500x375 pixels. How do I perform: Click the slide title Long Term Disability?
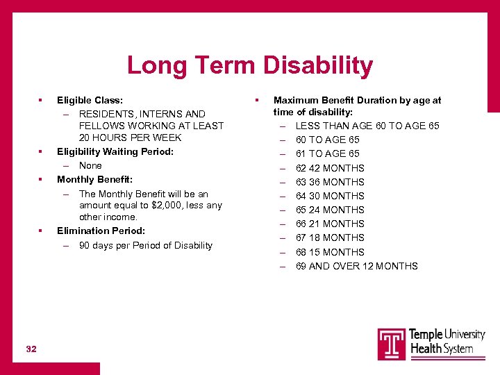pyautogui.click(x=249, y=66)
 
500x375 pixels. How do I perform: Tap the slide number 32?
pyautogui.click(x=31, y=349)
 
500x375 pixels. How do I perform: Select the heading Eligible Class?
pyautogui.click(x=90, y=100)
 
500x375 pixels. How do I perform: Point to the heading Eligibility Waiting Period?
pyautogui.click(x=115, y=151)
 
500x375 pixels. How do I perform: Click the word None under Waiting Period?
pyautogui.click(x=90, y=165)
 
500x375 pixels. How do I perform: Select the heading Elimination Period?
pyautogui.click(x=101, y=231)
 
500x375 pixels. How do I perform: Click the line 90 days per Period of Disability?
pyautogui.click(x=145, y=245)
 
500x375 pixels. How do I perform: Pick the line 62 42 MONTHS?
pyautogui.click(x=330, y=168)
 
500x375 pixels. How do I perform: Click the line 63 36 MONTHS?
pyautogui.click(x=330, y=182)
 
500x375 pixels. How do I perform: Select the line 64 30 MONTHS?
pyautogui.click(x=330, y=196)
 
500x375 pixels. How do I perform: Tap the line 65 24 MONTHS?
pyautogui.click(x=330, y=210)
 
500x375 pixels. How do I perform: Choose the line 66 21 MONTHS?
pyautogui.click(x=330, y=224)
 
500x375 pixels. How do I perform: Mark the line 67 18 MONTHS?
pyautogui.click(x=330, y=237)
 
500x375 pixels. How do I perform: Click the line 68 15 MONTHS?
pyautogui.click(x=330, y=252)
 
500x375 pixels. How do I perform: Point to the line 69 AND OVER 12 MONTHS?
pyautogui.click(x=356, y=266)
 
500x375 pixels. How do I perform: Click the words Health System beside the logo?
pyautogui.click(x=442, y=349)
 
